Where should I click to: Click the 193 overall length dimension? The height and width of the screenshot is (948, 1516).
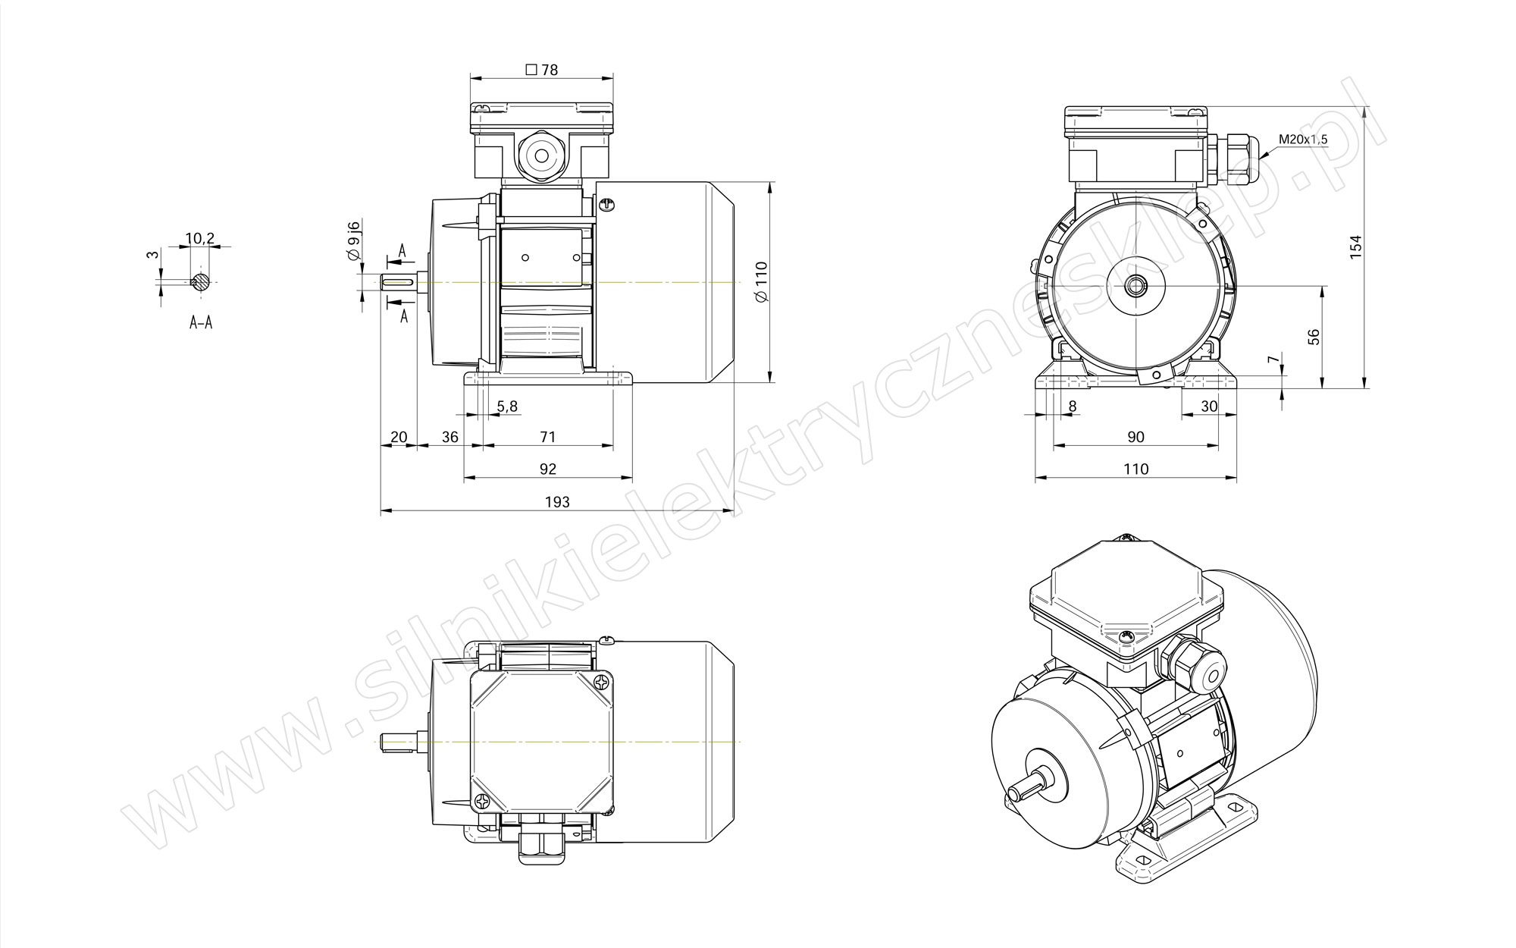click(x=557, y=501)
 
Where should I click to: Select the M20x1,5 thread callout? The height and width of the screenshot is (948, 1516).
click(x=1303, y=140)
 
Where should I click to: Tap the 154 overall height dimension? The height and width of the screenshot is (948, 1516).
click(x=1356, y=247)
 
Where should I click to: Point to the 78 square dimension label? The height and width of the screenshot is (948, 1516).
click(x=542, y=70)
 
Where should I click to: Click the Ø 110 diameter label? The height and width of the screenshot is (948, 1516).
click(x=762, y=282)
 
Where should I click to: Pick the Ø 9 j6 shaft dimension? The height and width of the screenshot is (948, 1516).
click(x=353, y=240)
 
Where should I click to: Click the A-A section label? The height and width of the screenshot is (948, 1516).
click(x=201, y=323)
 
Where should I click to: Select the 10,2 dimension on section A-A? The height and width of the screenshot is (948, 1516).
click(x=200, y=238)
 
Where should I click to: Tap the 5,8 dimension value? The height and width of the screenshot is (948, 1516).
click(x=507, y=407)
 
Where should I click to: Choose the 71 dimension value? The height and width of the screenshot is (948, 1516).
click(x=547, y=437)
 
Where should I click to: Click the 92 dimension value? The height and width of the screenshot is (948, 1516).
click(x=547, y=469)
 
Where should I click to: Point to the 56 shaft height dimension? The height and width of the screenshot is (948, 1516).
click(x=1314, y=337)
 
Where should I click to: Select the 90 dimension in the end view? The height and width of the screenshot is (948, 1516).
click(x=1135, y=437)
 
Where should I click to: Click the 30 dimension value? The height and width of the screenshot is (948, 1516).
click(x=1209, y=407)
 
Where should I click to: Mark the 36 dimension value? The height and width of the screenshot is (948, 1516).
click(x=450, y=437)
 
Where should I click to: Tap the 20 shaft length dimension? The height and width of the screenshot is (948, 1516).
click(x=399, y=437)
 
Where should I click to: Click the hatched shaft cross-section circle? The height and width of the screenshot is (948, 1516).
click(x=201, y=281)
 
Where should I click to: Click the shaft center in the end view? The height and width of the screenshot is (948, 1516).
click(x=1136, y=286)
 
